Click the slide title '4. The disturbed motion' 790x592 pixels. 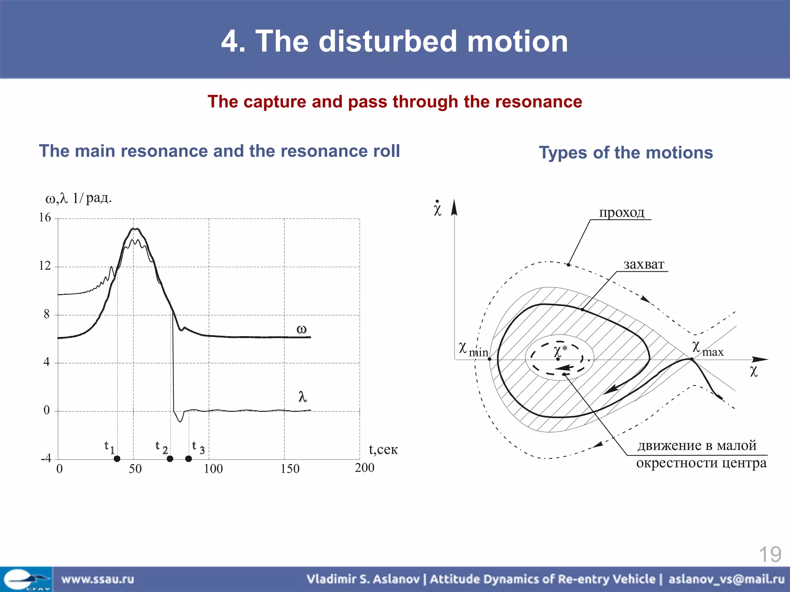[x=394, y=41]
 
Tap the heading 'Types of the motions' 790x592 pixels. [x=626, y=153]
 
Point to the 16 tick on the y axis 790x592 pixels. [x=45, y=218]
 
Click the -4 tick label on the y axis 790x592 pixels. [x=46, y=458]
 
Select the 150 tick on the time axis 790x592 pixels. [x=290, y=469]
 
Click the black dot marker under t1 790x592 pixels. [x=117, y=459]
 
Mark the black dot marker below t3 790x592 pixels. [x=188, y=459]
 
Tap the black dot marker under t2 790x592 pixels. [x=170, y=459]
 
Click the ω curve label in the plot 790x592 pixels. [x=301, y=329]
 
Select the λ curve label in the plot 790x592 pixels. [x=303, y=397]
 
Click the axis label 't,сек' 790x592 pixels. [x=383, y=449]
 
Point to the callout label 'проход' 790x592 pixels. [x=621, y=212]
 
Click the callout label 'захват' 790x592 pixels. [x=643, y=264]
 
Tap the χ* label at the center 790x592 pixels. [x=560, y=351]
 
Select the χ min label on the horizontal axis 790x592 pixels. [x=473, y=349]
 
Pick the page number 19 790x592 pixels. [x=770, y=555]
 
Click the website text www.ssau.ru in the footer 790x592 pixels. [x=98, y=579]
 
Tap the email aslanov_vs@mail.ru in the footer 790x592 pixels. [x=726, y=579]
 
